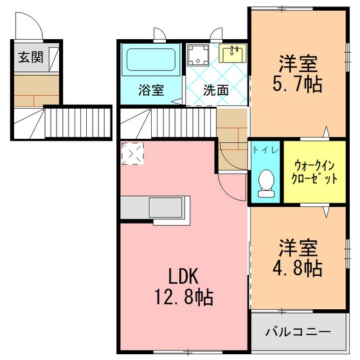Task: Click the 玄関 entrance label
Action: (31, 57)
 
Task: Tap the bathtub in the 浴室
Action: (151, 59)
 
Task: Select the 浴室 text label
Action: (151, 90)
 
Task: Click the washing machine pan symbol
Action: (198, 55)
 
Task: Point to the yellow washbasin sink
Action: (232, 53)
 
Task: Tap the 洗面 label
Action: (216, 90)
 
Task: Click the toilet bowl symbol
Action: (266, 183)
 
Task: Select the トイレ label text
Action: (265, 150)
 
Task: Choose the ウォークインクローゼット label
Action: (314, 172)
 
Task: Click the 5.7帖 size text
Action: (298, 84)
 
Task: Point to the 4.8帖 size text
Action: (298, 268)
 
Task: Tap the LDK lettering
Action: (183, 276)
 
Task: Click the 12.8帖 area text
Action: (184, 297)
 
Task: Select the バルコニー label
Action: (298, 332)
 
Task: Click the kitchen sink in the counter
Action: (166, 208)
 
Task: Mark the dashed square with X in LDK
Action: (132, 154)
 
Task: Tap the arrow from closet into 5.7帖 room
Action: (326, 133)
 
